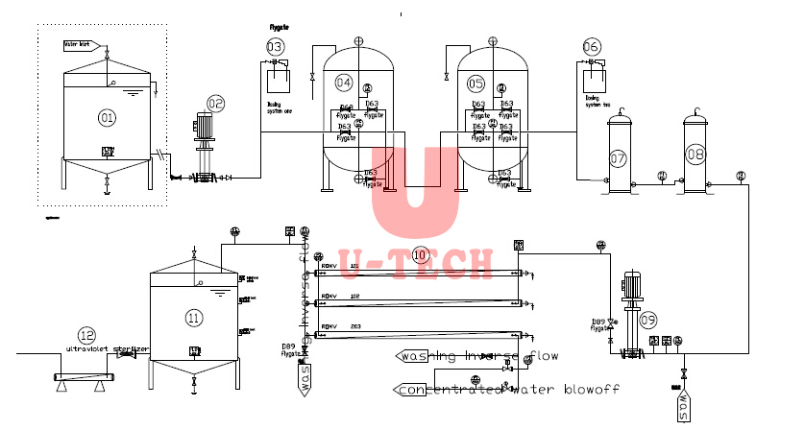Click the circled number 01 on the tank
click(106, 117)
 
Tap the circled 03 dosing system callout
click(275, 46)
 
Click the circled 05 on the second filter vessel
click(476, 84)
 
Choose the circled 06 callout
click(592, 46)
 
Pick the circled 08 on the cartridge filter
click(695, 153)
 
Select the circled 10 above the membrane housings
click(419, 254)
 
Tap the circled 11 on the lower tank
click(194, 317)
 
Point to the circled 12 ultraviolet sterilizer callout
click(87, 335)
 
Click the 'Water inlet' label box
click(77, 44)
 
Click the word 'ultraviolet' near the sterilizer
click(86, 349)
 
